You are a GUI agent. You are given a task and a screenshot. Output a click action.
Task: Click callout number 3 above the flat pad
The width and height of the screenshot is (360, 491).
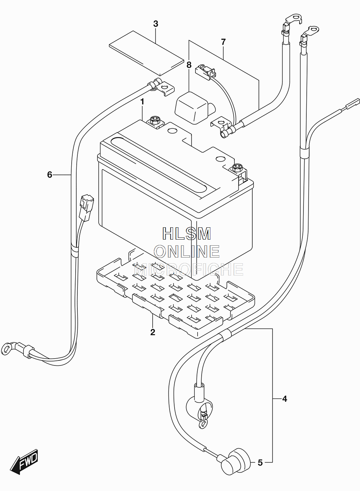pos(156,24)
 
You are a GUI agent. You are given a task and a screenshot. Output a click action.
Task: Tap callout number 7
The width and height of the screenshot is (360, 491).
pos(223,42)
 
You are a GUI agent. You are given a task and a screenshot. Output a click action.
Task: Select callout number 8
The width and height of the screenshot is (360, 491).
pos(189,65)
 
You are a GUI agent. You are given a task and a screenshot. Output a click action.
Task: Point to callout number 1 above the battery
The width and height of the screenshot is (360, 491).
pos(142,102)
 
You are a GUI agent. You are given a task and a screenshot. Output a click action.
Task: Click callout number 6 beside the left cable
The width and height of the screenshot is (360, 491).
pos(50,175)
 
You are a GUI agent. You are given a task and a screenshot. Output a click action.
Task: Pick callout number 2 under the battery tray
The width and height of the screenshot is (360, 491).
pos(153,332)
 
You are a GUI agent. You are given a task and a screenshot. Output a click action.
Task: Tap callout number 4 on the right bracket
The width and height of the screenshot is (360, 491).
pos(284,399)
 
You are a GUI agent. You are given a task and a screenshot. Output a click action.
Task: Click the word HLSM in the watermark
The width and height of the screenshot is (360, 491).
pos(187,233)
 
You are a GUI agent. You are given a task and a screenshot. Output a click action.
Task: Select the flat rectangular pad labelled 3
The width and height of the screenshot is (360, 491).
pos(146,53)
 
